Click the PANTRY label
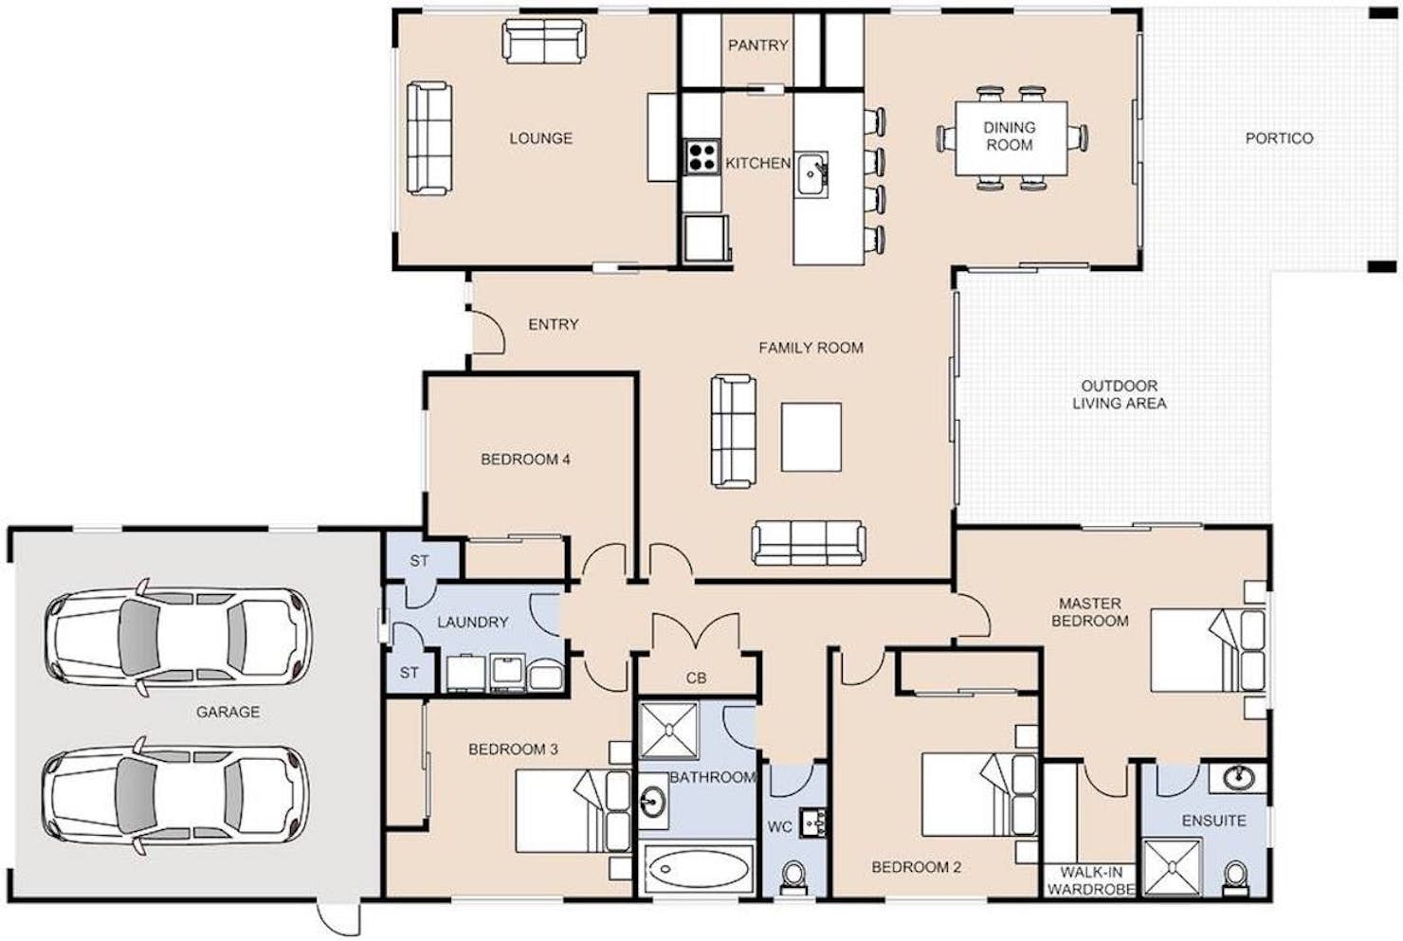(x=757, y=45)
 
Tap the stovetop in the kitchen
(x=701, y=156)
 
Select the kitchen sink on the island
(x=811, y=174)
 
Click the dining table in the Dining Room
(x=1011, y=138)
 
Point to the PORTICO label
(x=1279, y=138)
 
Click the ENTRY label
(x=553, y=324)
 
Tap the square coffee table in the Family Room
(x=811, y=437)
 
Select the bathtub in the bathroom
(x=698, y=869)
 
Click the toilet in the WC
(x=793, y=877)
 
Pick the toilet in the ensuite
(x=1236, y=878)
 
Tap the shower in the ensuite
(x=1173, y=867)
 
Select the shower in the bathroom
(x=669, y=731)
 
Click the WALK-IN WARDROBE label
(x=1091, y=880)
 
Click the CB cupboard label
(x=696, y=679)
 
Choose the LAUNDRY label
(x=472, y=623)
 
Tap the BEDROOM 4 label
(x=525, y=460)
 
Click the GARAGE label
(x=228, y=712)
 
